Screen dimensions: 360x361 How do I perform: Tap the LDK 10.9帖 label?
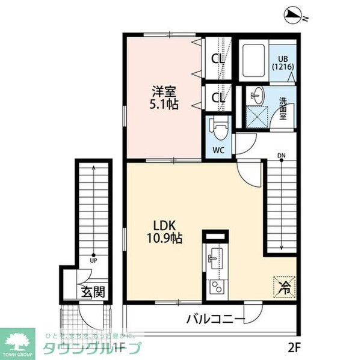tap(163, 231)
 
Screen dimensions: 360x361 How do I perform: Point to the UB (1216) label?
tap(283, 63)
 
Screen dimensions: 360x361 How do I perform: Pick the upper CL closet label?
tap(218, 60)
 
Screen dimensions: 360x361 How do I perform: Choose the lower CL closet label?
tap(218, 97)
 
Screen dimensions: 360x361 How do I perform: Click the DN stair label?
tap(281, 157)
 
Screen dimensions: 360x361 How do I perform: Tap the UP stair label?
tap(93, 261)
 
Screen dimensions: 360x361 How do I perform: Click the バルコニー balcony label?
tap(215, 318)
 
